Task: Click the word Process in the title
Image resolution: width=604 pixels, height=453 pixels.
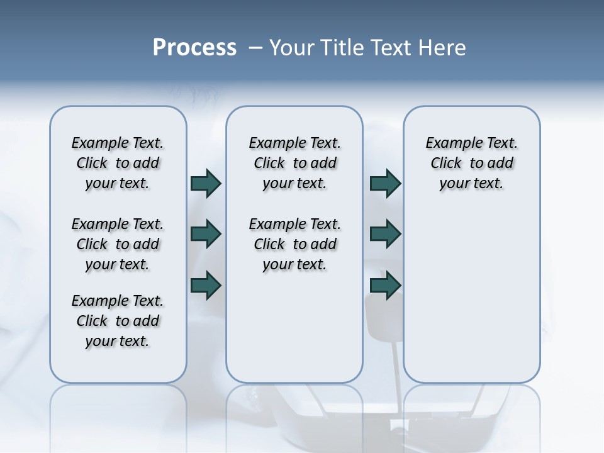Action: (194, 48)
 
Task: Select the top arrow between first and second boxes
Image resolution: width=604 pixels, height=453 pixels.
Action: (206, 183)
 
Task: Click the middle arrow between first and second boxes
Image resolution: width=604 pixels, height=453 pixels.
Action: (206, 234)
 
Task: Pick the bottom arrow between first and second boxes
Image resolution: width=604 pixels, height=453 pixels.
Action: (206, 284)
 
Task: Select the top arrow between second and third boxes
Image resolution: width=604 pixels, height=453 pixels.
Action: (385, 183)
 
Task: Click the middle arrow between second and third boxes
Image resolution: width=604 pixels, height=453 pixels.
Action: (385, 234)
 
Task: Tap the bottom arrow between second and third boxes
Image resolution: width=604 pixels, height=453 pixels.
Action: (385, 284)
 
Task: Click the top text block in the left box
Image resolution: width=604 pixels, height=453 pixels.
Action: (118, 163)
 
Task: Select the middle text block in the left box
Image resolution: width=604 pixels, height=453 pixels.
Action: (118, 244)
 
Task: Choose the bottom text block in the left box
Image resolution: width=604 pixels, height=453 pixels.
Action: (118, 321)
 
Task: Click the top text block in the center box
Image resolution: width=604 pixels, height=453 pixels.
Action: (294, 163)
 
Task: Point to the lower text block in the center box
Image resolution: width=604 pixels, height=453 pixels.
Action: (294, 244)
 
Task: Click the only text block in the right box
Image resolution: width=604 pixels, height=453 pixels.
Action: (472, 163)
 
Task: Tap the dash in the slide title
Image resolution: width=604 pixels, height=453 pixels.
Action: (256, 48)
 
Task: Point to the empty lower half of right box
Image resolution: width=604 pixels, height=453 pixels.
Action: (472, 302)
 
